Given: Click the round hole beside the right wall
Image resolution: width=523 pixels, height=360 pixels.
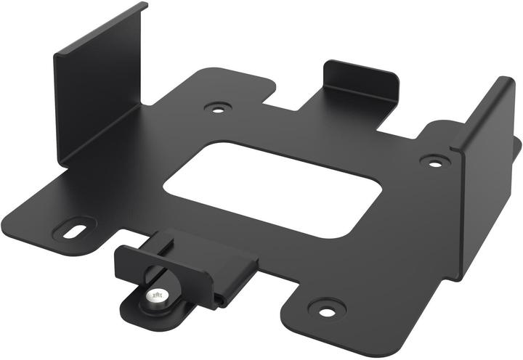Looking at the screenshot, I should (434, 162).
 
